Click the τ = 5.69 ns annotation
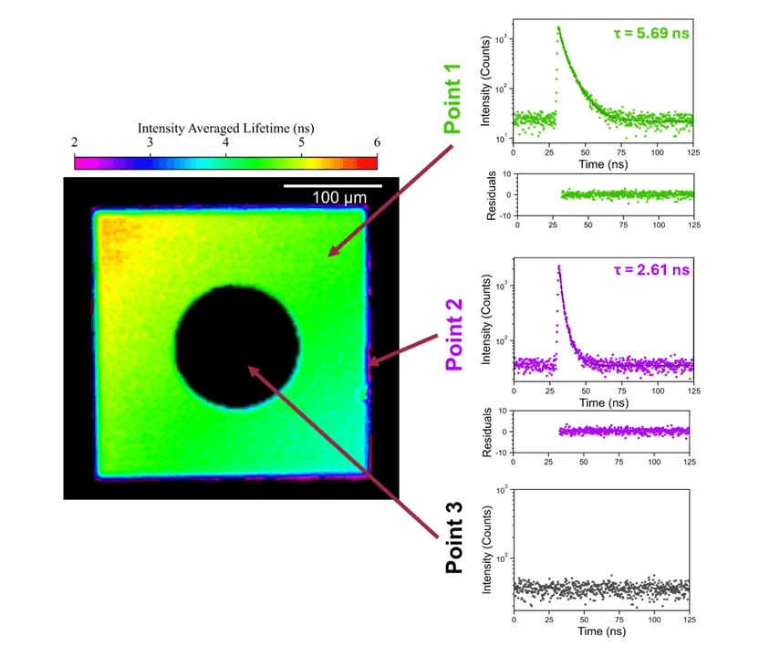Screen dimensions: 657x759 650,35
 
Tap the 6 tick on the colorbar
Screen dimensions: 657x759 376,142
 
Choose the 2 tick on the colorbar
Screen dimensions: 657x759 74,142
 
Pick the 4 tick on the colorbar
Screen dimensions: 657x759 225,142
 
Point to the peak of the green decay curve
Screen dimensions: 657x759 558,27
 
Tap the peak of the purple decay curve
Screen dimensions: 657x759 558,266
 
